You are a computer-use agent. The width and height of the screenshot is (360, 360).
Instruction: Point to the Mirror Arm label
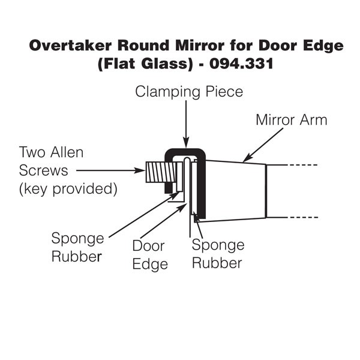(x=292, y=119)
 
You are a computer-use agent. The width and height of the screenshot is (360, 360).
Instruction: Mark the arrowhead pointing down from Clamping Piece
(x=186, y=143)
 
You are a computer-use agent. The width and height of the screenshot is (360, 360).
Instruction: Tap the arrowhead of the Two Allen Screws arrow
(x=142, y=170)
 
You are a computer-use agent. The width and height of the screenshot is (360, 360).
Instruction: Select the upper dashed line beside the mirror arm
(x=293, y=164)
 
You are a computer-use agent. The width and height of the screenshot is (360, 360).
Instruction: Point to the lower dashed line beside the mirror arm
(x=293, y=217)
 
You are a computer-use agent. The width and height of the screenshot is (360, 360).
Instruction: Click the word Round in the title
(x=143, y=47)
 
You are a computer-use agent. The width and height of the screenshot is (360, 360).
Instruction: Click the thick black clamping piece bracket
(x=203, y=180)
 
